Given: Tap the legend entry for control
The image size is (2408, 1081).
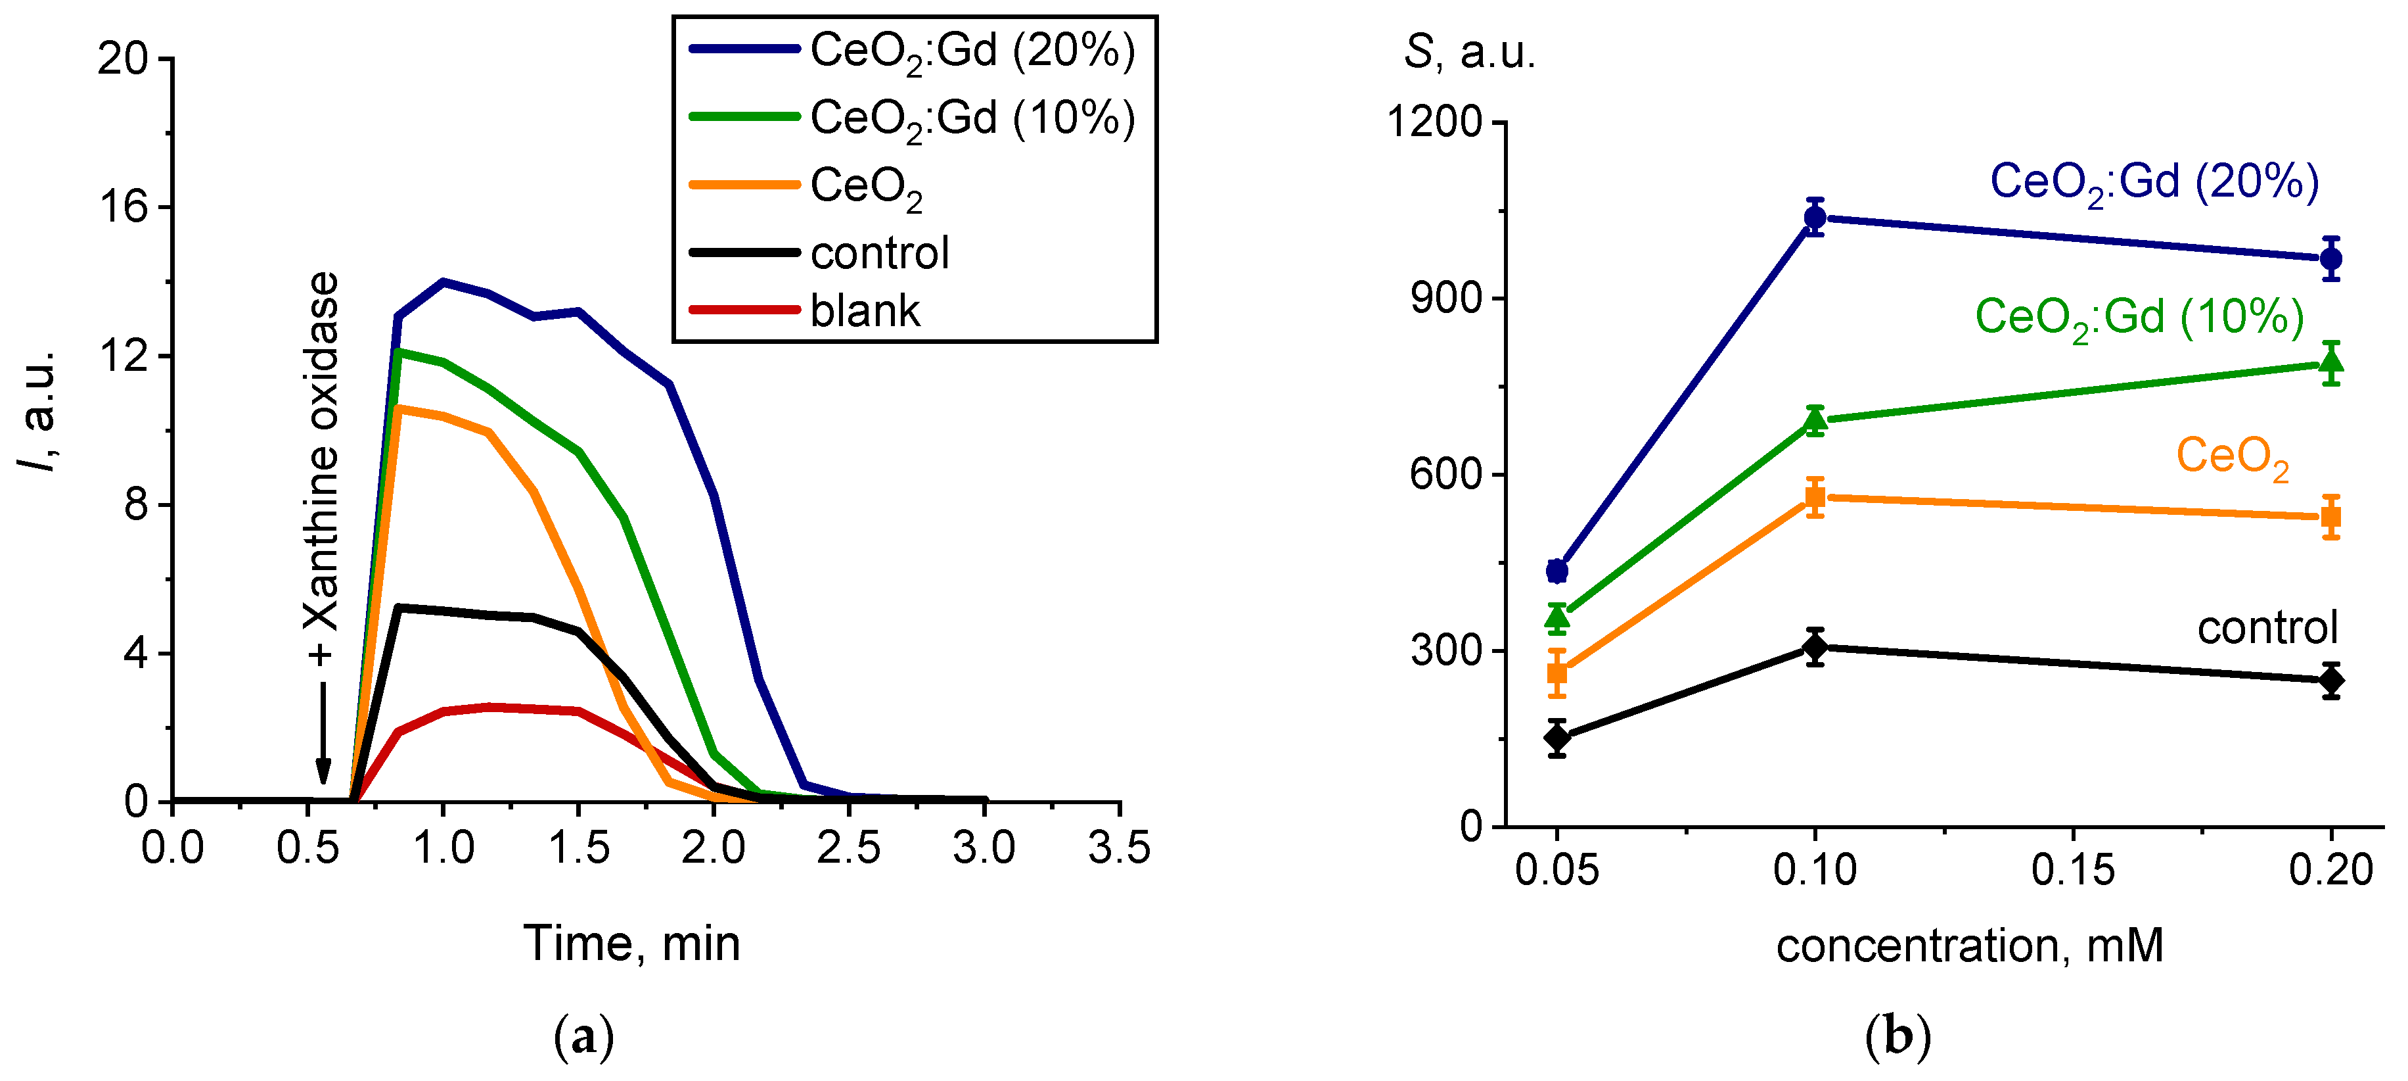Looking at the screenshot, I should click(878, 253).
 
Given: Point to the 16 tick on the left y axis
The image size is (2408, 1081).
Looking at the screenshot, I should click(124, 206).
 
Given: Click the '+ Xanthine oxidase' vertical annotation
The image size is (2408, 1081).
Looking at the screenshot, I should click(321, 468).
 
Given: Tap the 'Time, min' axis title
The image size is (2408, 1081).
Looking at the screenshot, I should click(632, 944).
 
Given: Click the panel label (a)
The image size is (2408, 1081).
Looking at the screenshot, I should click(584, 1037).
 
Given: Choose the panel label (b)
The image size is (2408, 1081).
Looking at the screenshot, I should click(1897, 1037).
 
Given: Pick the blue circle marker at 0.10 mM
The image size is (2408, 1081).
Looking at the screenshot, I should click(1815, 218).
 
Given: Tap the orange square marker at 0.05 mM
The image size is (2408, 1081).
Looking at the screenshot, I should click(1556, 673).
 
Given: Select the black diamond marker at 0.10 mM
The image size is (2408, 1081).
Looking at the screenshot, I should click(1815, 646).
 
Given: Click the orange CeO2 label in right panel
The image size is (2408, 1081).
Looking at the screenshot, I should click(2233, 457).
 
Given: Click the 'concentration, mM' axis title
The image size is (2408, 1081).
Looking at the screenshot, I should click(1970, 946).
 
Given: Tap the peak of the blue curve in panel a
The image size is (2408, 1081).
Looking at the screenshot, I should click(443, 281).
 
